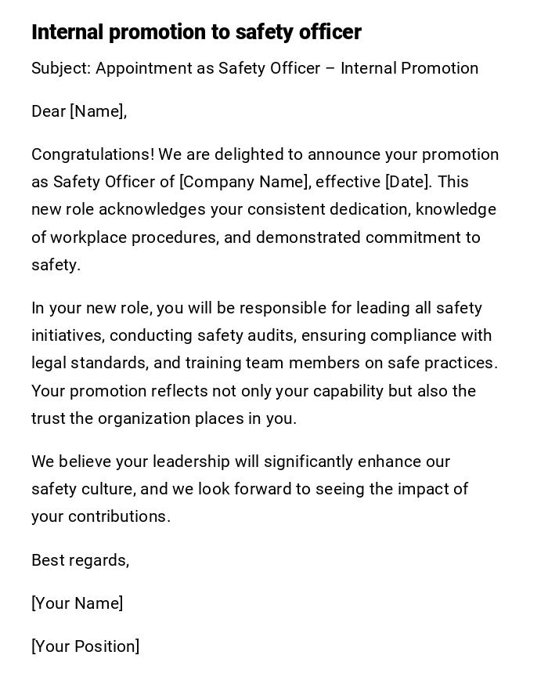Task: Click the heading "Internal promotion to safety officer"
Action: (196, 32)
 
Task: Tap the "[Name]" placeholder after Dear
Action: (98, 111)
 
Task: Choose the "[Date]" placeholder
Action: (408, 182)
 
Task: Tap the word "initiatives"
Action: (67, 335)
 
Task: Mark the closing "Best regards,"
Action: (80, 560)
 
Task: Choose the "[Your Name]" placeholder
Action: (77, 603)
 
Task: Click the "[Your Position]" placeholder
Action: (85, 646)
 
